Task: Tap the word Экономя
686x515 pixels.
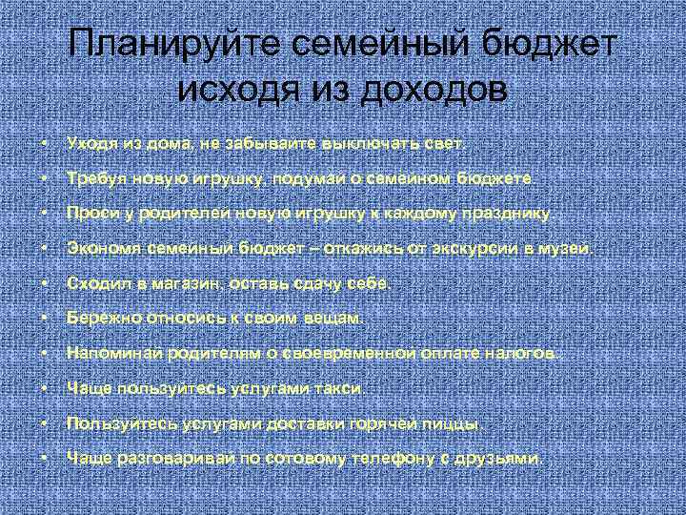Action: [98, 249]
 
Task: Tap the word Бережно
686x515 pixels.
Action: [98, 319]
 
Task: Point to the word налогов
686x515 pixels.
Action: [528, 354]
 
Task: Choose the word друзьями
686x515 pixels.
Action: [505, 459]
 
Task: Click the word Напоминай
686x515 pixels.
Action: [108, 354]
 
